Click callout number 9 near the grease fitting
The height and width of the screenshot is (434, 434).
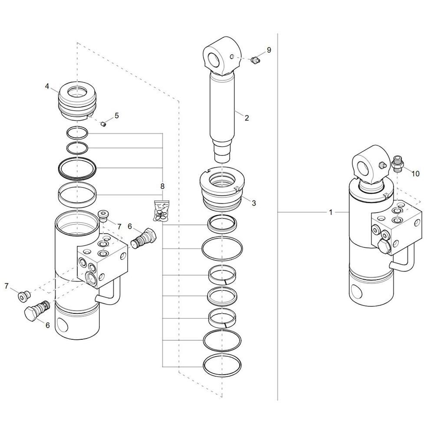269,50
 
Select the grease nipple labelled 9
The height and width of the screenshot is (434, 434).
255,60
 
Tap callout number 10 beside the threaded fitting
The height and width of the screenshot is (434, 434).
415,174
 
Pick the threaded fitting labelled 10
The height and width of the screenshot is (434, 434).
398,164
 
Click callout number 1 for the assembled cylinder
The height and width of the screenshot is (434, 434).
330,212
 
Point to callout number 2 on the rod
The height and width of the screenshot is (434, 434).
247,118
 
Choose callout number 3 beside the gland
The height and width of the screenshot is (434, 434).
254,203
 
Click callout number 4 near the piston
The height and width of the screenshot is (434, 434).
47,86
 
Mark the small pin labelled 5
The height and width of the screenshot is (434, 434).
104,123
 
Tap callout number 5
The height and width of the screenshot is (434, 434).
116,115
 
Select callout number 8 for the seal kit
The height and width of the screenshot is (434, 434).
162,186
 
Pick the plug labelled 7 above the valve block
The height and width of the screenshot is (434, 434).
103,216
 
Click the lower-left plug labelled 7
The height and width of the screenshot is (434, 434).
23,296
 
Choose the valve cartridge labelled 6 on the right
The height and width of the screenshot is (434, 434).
143,238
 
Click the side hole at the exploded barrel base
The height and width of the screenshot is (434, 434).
62,324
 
